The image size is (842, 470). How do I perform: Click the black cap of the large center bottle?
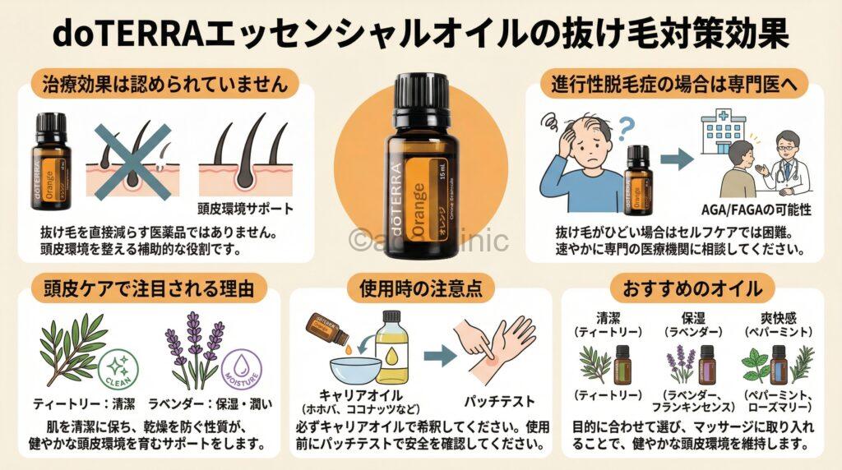point(420,94)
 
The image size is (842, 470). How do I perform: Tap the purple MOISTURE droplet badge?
point(241,371)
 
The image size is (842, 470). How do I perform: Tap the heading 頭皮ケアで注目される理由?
point(146,288)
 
